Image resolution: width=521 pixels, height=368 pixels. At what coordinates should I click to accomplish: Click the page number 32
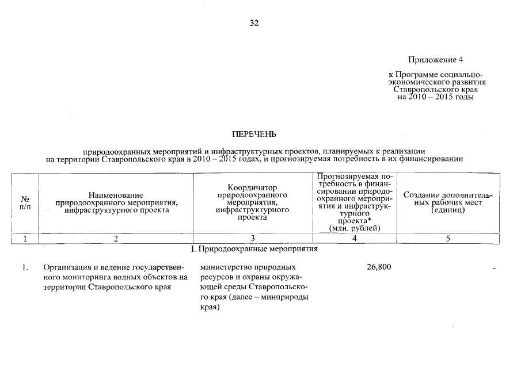click(x=254, y=23)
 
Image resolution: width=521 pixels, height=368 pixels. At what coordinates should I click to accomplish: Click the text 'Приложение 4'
click(x=435, y=60)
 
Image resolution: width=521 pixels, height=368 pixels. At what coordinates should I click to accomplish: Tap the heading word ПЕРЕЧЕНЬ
click(x=254, y=135)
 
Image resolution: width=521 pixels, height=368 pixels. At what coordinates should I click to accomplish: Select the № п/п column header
click(x=24, y=202)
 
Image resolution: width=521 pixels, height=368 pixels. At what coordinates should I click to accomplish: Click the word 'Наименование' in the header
click(x=116, y=195)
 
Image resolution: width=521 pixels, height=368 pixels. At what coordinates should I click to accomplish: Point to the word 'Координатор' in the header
click(x=252, y=187)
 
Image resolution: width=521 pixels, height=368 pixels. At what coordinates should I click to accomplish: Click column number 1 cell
click(x=24, y=239)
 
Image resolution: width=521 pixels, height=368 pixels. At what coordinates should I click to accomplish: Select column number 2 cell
click(x=116, y=239)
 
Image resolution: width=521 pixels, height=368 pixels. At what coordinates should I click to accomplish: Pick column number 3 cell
click(x=252, y=239)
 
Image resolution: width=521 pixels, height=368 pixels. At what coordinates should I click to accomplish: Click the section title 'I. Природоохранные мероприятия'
click(x=254, y=250)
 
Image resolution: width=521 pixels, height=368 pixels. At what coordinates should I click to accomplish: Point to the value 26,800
click(x=379, y=267)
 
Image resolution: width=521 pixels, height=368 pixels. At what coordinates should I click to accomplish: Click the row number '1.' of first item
click(x=25, y=267)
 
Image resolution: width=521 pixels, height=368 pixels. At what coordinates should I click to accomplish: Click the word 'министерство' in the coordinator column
click(x=223, y=267)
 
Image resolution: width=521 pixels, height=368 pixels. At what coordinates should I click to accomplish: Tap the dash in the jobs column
click(x=494, y=268)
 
